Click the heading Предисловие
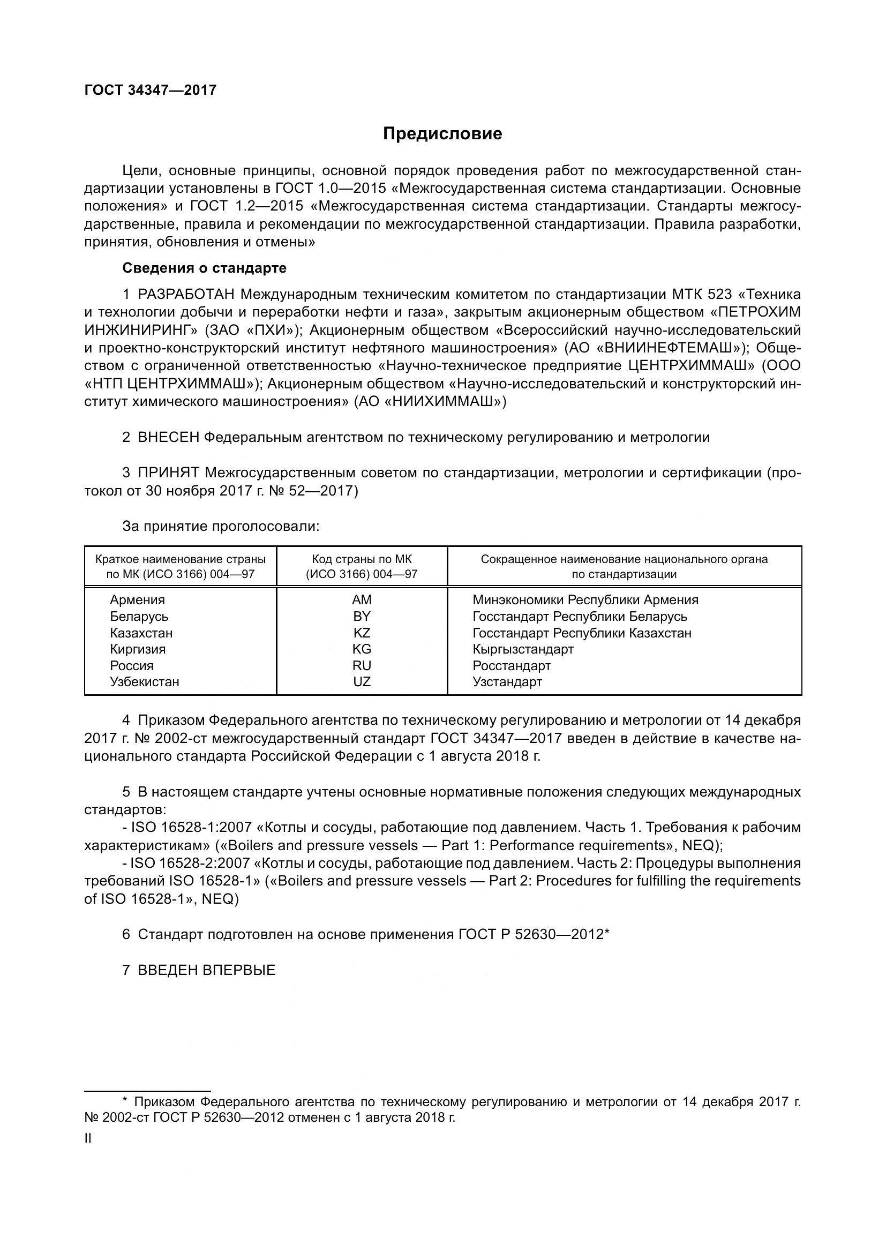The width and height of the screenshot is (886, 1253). [x=442, y=134]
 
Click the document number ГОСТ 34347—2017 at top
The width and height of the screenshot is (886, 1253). [x=151, y=90]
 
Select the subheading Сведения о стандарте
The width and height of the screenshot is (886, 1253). [x=204, y=268]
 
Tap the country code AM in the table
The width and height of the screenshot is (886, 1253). [x=362, y=600]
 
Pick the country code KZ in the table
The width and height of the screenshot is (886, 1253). [x=362, y=633]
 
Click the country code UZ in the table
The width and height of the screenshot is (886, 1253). [x=362, y=681]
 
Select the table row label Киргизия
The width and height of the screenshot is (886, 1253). [x=138, y=649]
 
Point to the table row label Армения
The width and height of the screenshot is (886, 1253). [x=137, y=600]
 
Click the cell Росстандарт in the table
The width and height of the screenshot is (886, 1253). [x=512, y=666]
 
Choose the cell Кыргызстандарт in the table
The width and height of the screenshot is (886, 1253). [x=523, y=649]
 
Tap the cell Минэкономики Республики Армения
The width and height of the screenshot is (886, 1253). [x=585, y=600]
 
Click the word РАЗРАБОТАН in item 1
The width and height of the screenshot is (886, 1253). [x=186, y=295]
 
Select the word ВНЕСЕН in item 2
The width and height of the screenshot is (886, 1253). [x=169, y=437]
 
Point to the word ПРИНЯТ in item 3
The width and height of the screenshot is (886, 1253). [x=169, y=472]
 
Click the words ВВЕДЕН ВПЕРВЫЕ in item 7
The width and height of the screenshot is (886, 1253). [x=207, y=970]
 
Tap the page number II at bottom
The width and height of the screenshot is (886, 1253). [x=88, y=1138]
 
